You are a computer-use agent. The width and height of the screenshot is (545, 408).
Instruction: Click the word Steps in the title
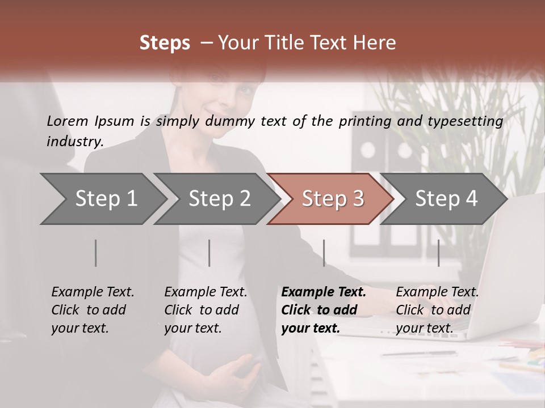coord(165,42)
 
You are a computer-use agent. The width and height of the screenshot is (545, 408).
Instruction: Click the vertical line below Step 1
coord(96,253)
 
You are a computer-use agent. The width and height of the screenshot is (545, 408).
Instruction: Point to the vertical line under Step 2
coord(209,253)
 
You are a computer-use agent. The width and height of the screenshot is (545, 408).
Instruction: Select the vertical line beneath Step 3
coord(324,253)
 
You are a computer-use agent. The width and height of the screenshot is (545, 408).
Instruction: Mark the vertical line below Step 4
coord(438,253)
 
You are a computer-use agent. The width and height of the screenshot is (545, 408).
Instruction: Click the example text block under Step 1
coord(93,310)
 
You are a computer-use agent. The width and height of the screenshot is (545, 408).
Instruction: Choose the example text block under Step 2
coord(206,310)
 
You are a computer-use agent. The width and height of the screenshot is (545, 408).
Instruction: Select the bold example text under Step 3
coord(324,310)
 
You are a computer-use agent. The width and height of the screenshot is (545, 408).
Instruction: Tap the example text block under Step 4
coord(437,310)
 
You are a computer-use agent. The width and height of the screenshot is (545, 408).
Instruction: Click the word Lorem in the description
coord(68,121)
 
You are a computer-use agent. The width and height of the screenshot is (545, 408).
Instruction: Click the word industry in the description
coord(75,142)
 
